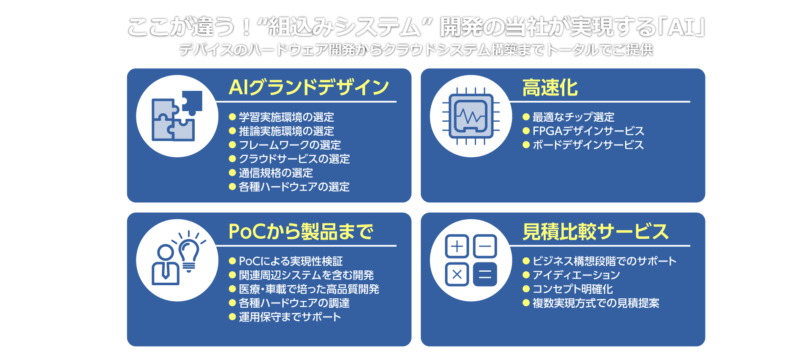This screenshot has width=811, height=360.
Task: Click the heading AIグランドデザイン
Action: [308, 87]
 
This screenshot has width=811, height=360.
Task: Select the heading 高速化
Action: [550, 87]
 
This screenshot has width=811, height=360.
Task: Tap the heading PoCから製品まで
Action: [301, 232]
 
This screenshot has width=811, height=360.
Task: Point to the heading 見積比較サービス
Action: [595, 232]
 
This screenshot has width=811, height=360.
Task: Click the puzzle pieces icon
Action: [177, 116]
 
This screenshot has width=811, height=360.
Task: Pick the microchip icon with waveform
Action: [471, 116]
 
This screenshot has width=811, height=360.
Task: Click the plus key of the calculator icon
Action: [457, 246]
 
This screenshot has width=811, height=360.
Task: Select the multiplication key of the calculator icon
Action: [457, 275]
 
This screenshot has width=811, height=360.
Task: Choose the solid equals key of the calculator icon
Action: [485, 275]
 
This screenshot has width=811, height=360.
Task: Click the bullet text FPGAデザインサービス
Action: [588, 131]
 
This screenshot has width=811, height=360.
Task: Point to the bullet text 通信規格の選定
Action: [276, 173]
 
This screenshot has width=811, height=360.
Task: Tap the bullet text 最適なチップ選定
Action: [573, 117]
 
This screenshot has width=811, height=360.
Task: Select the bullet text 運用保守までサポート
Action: [290, 317]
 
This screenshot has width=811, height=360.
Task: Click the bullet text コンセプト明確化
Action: [573, 289]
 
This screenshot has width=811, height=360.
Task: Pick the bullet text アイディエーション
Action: [576, 275]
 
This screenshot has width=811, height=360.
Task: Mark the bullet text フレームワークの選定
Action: [290, 145]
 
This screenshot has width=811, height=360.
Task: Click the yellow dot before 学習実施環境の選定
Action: [232, 117]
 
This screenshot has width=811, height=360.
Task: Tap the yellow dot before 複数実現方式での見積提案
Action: [526, 303]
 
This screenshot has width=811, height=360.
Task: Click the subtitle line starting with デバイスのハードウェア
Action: [416, 50]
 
